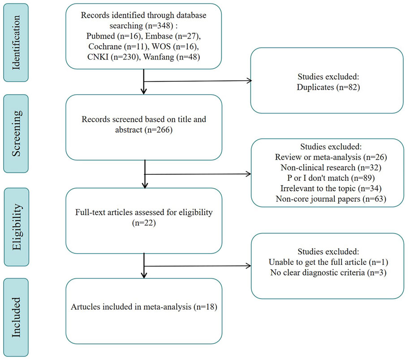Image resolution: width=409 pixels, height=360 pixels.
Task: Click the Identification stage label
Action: (16, 43)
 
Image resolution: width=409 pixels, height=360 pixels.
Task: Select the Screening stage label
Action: (16, 134)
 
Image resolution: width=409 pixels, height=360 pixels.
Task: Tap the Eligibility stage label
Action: (17, 227)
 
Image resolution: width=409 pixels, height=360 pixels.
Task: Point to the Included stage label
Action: (16, 317)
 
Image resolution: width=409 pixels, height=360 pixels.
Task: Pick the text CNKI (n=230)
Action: (113, 57)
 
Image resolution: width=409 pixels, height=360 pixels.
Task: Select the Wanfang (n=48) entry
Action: (172, 57)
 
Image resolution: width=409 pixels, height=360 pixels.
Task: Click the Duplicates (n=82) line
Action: (328, 87)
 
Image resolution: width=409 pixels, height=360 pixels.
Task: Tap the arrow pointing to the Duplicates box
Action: (198, 81)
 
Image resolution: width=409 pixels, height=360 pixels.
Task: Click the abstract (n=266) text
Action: (144, 130)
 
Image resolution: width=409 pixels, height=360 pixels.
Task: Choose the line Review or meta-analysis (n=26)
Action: (331, 157)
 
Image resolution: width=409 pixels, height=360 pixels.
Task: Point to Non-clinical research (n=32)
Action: (331, 168)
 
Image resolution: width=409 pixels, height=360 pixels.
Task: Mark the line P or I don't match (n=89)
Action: (331, 178)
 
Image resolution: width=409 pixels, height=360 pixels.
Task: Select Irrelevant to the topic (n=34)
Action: (331, 188)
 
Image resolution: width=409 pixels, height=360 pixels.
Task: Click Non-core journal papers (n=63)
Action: (331, 199)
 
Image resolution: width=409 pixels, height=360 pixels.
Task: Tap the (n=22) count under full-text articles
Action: (144, 223)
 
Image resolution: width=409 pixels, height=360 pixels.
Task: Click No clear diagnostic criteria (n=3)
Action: (328, 273)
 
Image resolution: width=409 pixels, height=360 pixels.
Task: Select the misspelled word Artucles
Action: (85, 307)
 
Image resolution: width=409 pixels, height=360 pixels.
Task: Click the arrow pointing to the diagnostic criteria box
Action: (198, 266)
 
